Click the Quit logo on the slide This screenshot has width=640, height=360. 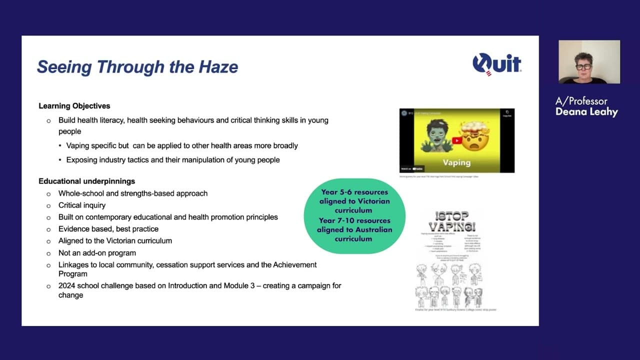point(496,64)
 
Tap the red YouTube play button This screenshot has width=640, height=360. point(457,140)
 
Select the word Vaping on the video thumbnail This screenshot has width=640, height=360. point(456,162)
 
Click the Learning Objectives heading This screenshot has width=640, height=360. point(74,106)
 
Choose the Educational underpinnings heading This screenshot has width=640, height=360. point(87,181)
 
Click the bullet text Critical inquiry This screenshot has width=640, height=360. point(82,205)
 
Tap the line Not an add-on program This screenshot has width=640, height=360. point(97,252)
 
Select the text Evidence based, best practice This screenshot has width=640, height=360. point(108,228)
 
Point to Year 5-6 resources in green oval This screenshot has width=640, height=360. point(354,191)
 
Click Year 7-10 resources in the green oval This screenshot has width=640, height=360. point(354,220)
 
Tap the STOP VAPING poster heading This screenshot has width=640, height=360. point(449,221)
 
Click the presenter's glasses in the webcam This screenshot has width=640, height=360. point(583,66)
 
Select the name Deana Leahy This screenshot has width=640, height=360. point(586,112)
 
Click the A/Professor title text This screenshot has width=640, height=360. point(581,101)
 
